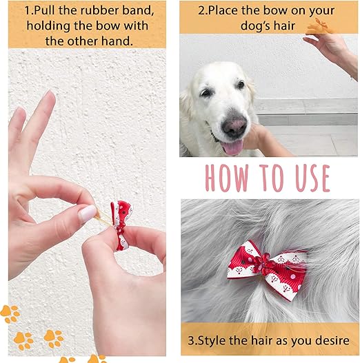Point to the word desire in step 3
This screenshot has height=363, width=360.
tap(330, 341)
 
